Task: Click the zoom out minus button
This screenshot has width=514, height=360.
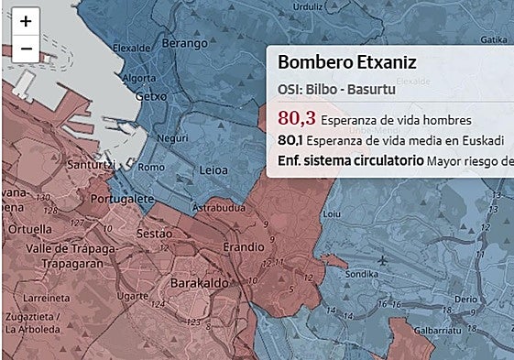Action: coord(26,49)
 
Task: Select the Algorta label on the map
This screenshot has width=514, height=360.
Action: coord(138,78)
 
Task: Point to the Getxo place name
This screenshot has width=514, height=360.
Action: coord(149,95)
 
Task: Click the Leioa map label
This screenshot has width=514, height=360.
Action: coord(213,170)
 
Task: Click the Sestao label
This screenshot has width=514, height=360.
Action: coord(154,235)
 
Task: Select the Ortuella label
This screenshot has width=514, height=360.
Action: coord(31,229)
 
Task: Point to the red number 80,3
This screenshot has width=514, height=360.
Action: coord(296,118)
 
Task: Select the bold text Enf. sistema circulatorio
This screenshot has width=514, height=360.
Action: coord(348,161)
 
